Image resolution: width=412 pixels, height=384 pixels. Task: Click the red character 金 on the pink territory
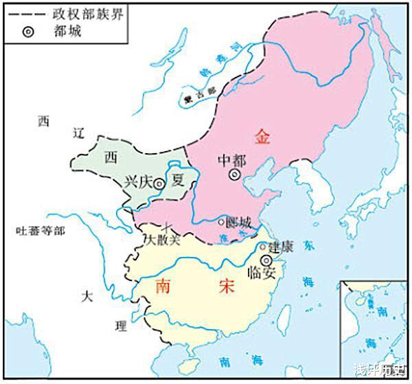coord(262,135)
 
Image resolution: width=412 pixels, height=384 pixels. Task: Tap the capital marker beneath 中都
coord(235,175)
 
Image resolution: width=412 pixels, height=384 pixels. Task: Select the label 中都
coord(231,159)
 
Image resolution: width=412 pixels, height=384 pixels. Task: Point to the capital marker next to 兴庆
coord(159,184)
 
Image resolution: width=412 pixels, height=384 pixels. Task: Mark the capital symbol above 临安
coord(265,261)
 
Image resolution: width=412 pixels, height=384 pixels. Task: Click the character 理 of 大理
coord(103,323)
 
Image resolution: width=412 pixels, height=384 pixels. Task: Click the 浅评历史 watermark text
coord(380,372)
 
